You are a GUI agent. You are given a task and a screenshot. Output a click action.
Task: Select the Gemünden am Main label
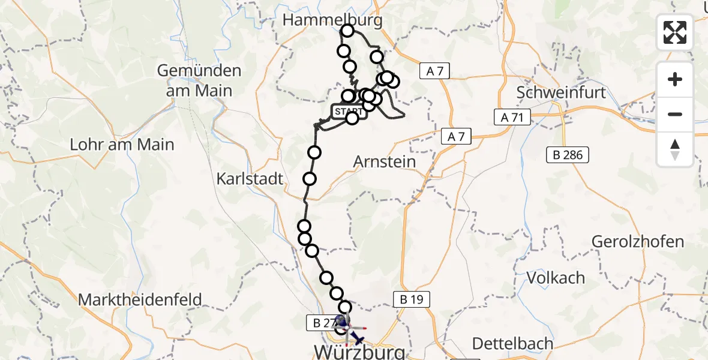199,80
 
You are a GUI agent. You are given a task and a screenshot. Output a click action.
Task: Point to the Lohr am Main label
122,145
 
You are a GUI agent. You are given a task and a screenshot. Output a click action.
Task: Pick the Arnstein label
385,161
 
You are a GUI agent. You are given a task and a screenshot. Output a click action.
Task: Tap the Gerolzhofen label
637,242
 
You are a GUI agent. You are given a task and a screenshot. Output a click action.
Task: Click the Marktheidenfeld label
140,299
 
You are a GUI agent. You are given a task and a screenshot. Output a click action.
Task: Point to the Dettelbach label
512,344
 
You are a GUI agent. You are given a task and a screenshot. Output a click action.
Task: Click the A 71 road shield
512,118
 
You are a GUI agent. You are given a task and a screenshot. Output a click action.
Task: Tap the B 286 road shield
568,155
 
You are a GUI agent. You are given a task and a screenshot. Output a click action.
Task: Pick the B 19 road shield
412,299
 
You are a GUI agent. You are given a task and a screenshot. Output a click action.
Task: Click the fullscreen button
675,32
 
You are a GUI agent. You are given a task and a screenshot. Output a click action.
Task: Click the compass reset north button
675,149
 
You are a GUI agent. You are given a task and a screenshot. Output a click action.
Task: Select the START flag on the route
348,112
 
